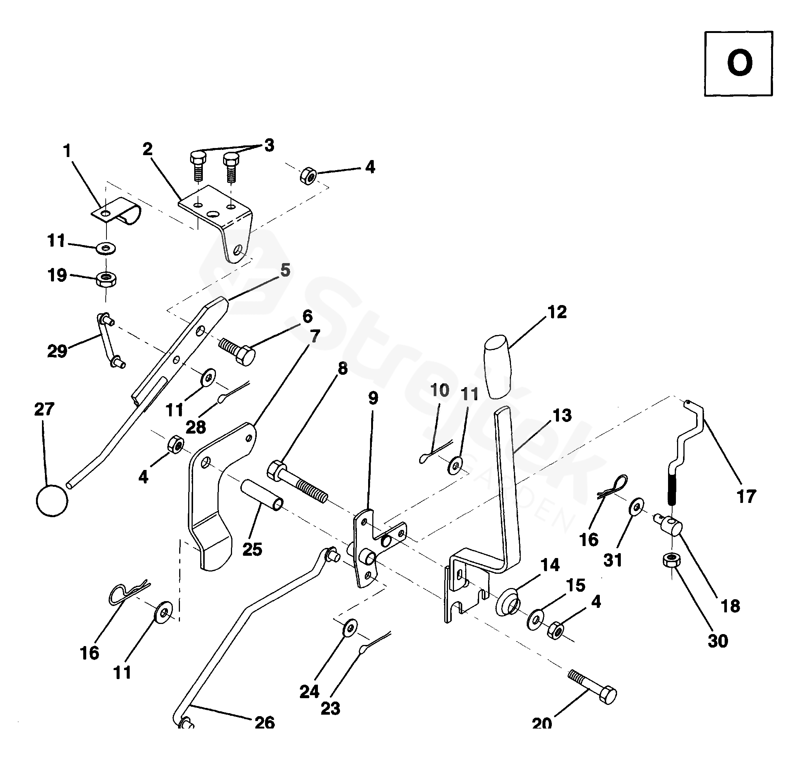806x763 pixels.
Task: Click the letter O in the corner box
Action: click(x=739, y=63)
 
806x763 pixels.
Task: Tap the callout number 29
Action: click(x=57, y=351)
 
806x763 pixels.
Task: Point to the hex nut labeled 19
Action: click(x=106, y=280)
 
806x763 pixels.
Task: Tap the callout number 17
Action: click(x=746, y=497)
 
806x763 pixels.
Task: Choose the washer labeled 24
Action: click(x=350, y=628)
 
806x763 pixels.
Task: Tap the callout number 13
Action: click(x=562, y=415)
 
